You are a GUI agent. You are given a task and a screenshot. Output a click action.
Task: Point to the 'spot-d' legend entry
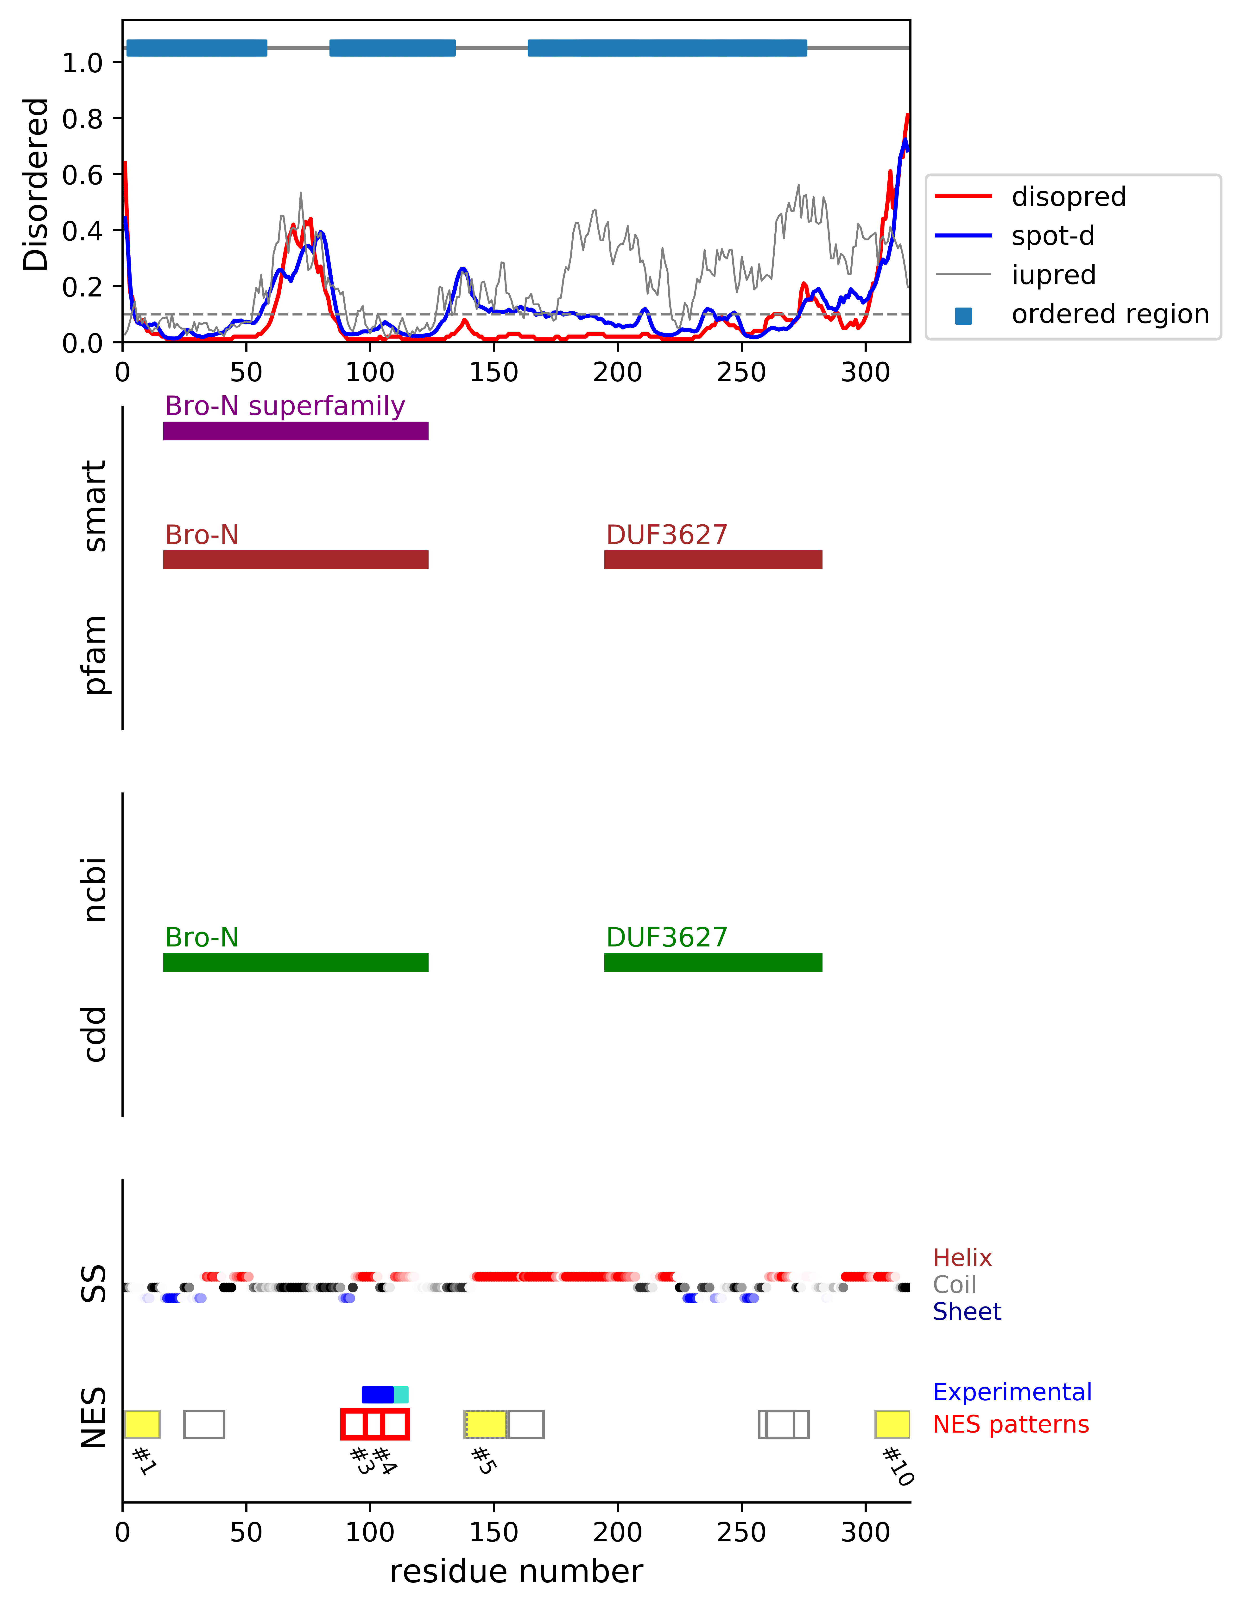pos(1052,236)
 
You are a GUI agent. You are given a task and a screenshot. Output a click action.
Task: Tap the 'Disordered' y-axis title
pos(35,184)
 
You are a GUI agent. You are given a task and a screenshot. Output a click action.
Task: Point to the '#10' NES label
pos(898,1466)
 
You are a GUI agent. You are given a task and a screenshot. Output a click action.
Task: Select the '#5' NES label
pos(483,1460)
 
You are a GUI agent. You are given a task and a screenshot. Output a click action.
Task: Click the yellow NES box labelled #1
pos(142,1424)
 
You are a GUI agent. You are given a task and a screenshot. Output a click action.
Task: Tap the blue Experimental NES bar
pos(378,1395)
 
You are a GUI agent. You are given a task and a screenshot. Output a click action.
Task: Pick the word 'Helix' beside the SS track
pos(962,1258)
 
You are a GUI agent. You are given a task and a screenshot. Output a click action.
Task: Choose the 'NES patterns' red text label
pos(1010,1424)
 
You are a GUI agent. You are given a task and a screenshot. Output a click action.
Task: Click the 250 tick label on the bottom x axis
pos(741,1532)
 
